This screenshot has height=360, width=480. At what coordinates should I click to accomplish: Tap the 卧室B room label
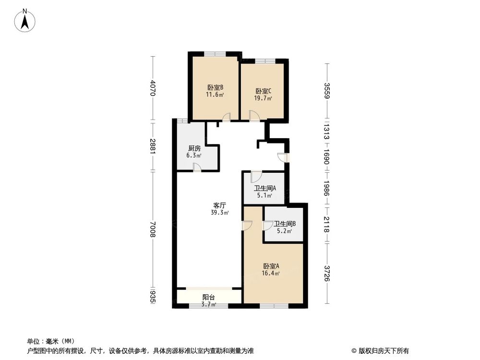click(x=215, y=87)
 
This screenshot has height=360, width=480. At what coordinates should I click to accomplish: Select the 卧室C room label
click(x=263, y=91)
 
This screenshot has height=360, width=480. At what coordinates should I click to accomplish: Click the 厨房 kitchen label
click(x=194, y=148)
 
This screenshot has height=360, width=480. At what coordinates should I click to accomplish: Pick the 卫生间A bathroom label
click(x=264, y=188)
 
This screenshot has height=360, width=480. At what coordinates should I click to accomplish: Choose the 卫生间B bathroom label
click(x=284, y=224)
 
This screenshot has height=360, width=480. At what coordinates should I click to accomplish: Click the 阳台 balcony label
click(x=208, y=297)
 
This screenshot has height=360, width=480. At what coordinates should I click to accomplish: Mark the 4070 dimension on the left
click(x=153, y=88)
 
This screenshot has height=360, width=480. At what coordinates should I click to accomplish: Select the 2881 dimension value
click(x=153, y=146)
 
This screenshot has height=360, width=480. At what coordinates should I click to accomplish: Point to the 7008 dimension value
click(x=153, y=229)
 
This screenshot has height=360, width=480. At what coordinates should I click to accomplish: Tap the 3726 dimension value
click(x=326, y=273)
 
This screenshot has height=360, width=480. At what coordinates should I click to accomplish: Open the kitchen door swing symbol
click(x=196, y=167)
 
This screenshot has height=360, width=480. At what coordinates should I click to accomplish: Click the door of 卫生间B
click(x=267, y=225)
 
